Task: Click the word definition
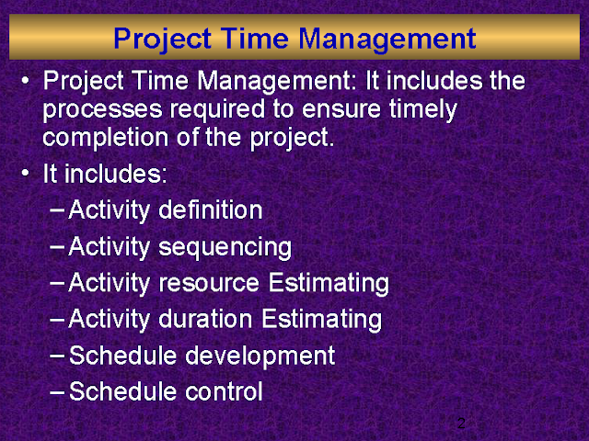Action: (211, 210)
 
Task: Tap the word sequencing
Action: (225, 246)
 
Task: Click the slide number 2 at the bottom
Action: (462, 424)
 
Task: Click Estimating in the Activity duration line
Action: (322, 320)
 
